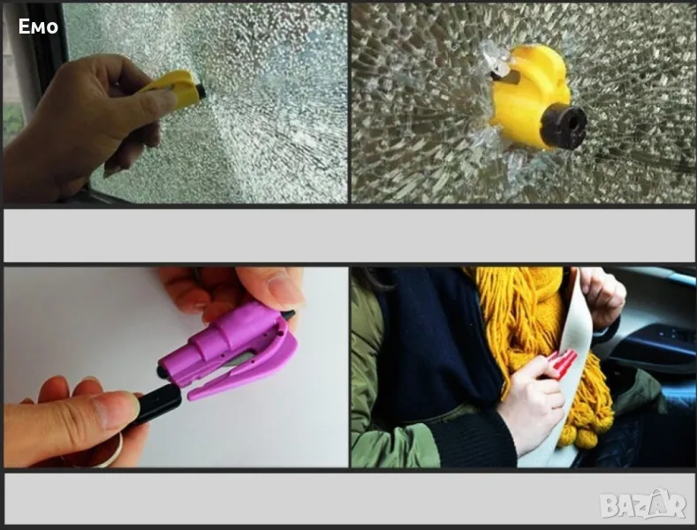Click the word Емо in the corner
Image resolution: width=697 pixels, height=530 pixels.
click(x=38, y=26)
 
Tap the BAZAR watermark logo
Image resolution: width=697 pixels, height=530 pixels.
click(x=643, y=504)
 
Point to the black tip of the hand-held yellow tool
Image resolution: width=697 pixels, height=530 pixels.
click(x=201, y=91)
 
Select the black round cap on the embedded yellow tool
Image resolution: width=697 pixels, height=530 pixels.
click(x=564, y=127)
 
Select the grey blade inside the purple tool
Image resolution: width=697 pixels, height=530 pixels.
click(x=240, y=360)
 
